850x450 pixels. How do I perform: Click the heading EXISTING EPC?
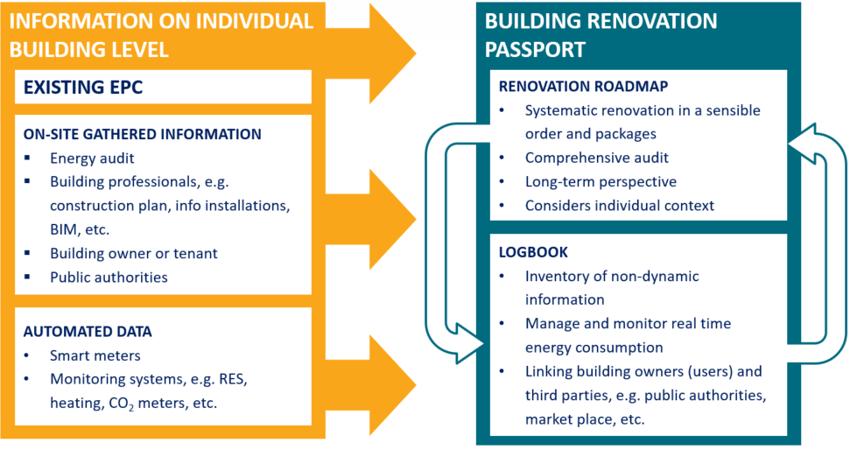pos(83,88)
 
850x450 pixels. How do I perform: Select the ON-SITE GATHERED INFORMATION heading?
pos(142,135)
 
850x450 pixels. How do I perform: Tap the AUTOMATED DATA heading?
pos(88,332)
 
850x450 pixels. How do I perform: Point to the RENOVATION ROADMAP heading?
pos(583,87)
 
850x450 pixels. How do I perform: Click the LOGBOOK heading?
pos(533,252)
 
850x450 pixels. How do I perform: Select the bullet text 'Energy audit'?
pos(92,158)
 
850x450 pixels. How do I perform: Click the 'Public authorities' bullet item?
pos(109,278)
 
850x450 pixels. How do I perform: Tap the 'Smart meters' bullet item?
pos(95,355)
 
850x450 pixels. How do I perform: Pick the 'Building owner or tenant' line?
pos(134,254)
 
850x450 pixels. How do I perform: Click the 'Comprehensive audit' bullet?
pos(597,158)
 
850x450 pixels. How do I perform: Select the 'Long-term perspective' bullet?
pos(601,181)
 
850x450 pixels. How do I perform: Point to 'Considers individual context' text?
pos(620,206)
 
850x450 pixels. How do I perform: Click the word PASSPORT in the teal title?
pos(535,49)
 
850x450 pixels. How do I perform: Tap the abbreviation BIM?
pos(63,230)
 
